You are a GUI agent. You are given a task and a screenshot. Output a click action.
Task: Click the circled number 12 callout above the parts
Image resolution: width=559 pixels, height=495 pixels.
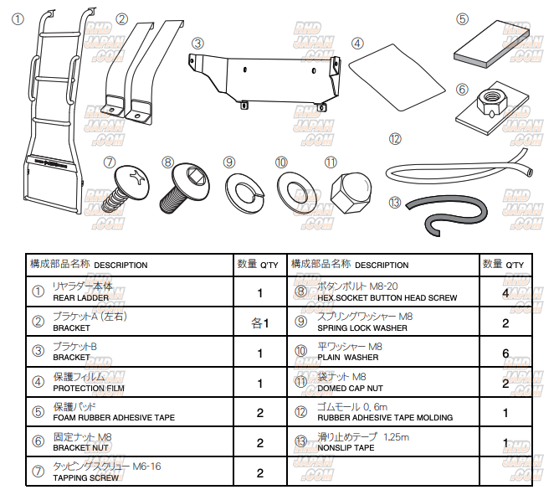click(395, 138)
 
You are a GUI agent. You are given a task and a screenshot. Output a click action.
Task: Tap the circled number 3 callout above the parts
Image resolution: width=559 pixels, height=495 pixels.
click(197, 42)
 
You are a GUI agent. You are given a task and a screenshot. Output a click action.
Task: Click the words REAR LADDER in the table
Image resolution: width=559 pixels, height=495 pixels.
click(80, 297)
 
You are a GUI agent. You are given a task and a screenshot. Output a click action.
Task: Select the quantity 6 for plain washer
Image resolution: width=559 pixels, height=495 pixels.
click(505, 353)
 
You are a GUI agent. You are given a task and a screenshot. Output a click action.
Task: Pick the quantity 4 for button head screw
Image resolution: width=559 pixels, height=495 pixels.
click(505, 293)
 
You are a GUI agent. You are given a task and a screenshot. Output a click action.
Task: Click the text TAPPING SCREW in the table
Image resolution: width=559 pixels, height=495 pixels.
click(85, 477)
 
